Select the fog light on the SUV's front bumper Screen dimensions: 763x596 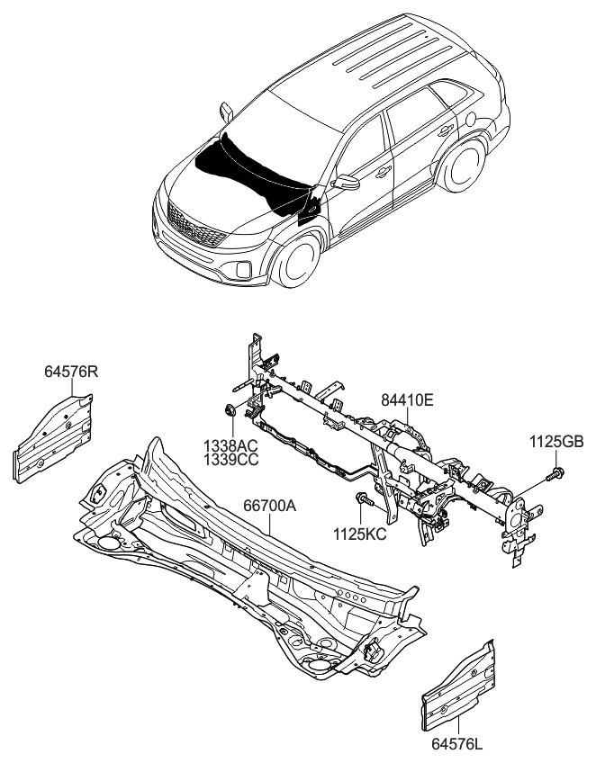(x=243, y=269)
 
